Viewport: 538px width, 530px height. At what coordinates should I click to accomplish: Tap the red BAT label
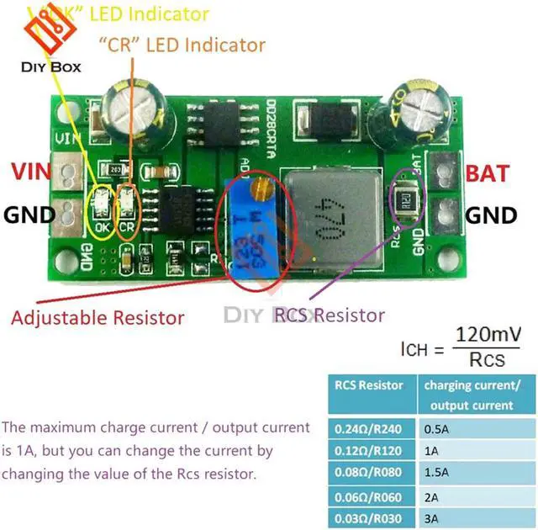pyautogui.click(x=488, y=174)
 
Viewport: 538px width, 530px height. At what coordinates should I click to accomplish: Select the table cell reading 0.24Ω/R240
pyautogui.click(x=367, y=427)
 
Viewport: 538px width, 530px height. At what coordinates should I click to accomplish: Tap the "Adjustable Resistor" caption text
pyautogui.click(x=98, y=318)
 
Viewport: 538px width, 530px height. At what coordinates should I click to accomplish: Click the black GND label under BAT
pyautogui.click(x=492, y=215)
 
